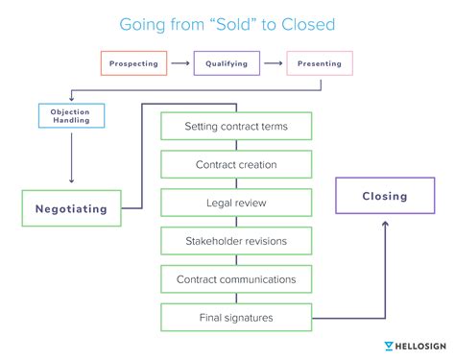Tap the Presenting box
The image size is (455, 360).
coord(321,63)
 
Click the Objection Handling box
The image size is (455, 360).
coord(70,115)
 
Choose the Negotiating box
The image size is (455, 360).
coord(71,207)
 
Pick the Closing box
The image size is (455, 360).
coord(384,196)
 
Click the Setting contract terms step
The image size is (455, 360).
coord(236,126)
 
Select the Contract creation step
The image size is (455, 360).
coord(236,164)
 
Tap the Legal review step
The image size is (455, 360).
coord(236,203)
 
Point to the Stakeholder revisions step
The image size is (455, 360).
coord(236,241)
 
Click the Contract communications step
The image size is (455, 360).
coord(236,279)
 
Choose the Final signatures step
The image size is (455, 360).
coord(236,318)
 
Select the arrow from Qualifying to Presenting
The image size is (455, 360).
coord(273,63)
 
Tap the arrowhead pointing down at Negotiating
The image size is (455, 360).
coord(71,180)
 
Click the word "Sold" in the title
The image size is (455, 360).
coord(219,22)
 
